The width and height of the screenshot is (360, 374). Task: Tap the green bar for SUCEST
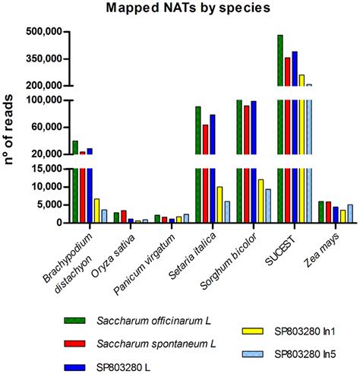click(x=280, y=128)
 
